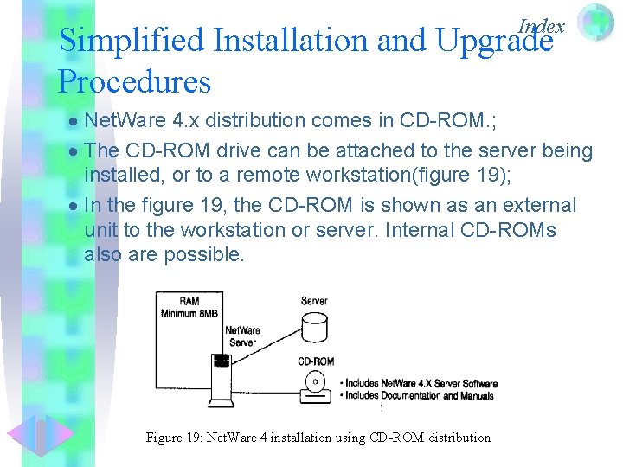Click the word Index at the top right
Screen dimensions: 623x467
(x=541, y=27)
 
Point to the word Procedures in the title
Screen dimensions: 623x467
(x=134, y=82)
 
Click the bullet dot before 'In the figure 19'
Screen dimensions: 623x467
(x=74, y=207)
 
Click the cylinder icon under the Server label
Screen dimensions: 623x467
(x=314, y=328)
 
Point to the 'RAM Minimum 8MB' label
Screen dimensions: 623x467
(x=189, y=307)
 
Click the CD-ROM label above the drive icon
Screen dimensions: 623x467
(x=315, y=361)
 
